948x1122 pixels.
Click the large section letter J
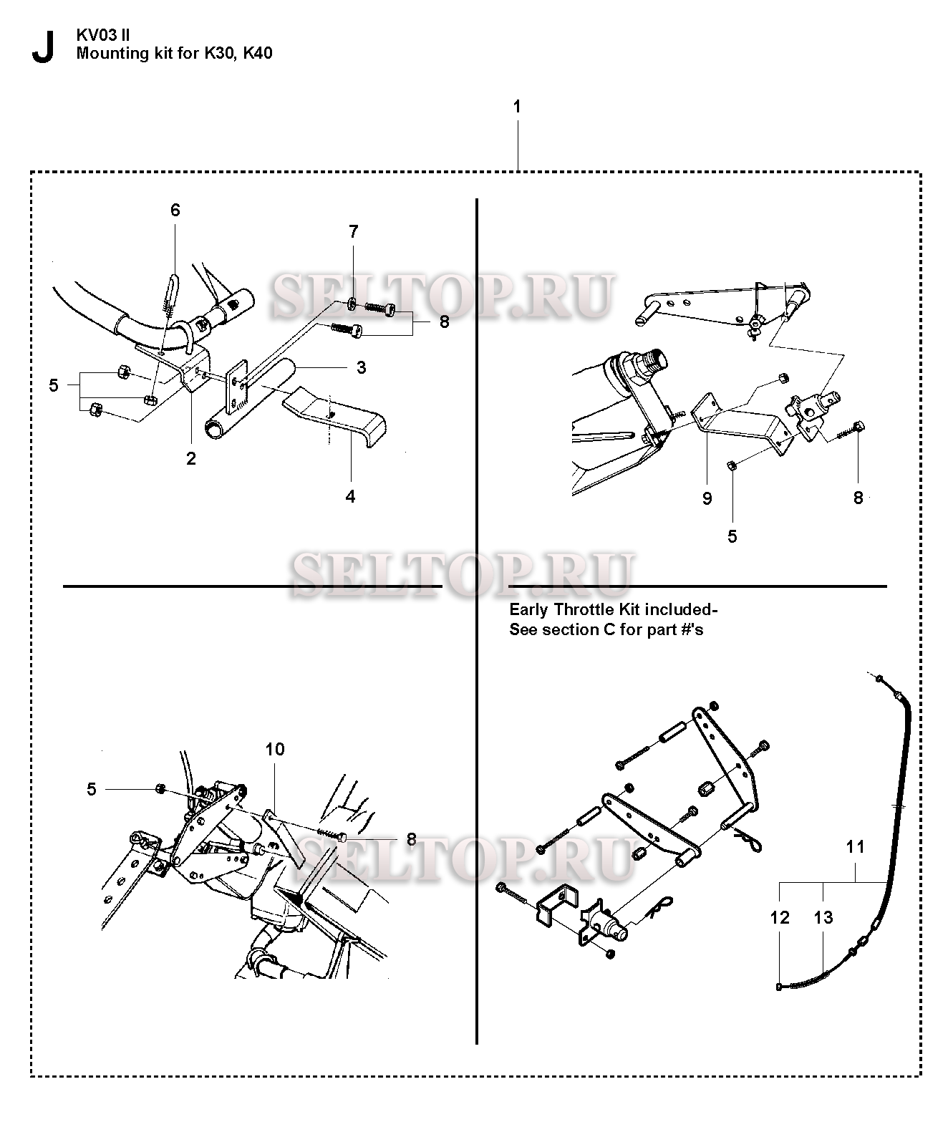(x=43, y=47)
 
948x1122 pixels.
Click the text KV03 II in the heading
(x=102, y=36)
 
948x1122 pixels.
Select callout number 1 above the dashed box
(x=517, y=107)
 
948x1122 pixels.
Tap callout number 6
(x=175, y=210)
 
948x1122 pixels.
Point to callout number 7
(x=353, y=231)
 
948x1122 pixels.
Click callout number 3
(x=361, y=367)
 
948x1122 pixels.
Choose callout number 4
(x=350, y=496)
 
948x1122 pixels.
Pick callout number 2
(x=190, y=458)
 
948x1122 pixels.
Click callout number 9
(x=707, y=498)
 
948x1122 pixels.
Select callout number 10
(x=275, y=749)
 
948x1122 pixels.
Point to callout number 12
(x=780, y=917)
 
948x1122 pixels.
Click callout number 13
(x=823, y=917)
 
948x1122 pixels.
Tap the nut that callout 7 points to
(x=351, y=304)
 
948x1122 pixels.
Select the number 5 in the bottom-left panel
(x=92, y=789)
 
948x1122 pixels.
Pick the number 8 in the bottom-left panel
(x=411, y=839)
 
